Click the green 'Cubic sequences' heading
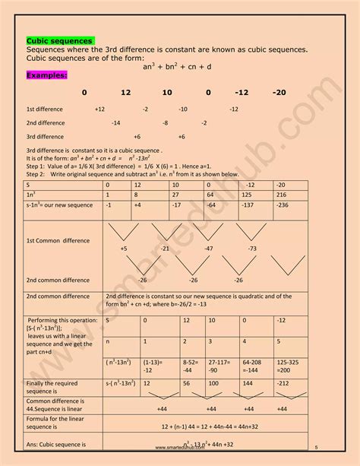pos(60,40)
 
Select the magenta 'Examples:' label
pos(47,76)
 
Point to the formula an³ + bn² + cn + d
pos(180,66)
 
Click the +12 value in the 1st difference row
pos(100,109)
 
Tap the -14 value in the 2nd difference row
pos(115,122)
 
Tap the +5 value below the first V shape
pos(124,249)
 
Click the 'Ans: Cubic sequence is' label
pos(55,444)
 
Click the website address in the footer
pos(181,449)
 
